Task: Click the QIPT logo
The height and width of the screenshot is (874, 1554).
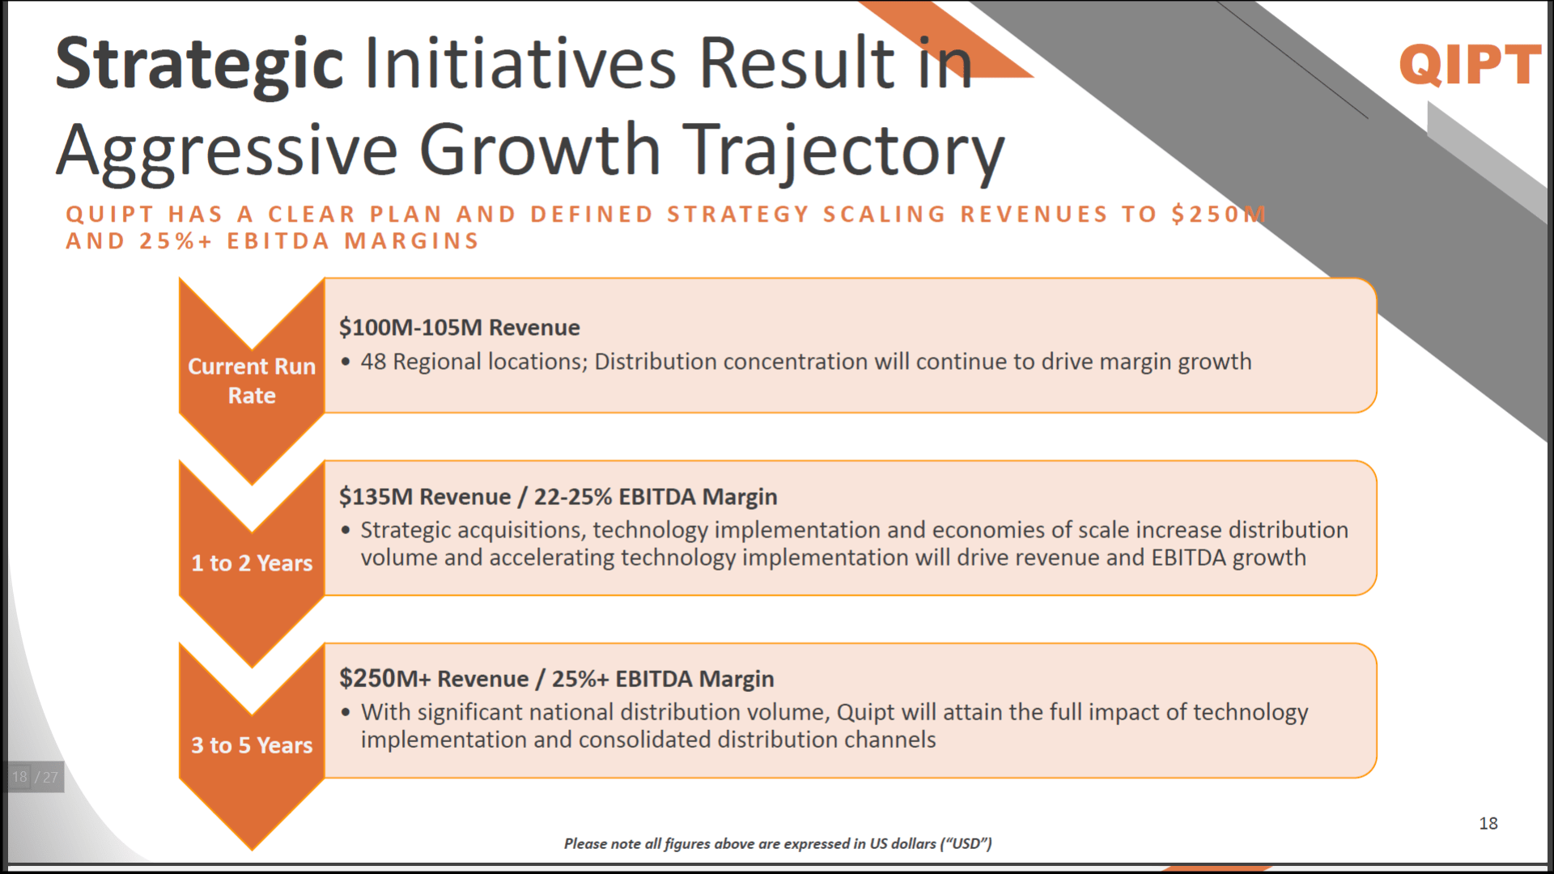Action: [x=1470, y=64]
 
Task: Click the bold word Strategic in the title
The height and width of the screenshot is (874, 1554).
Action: [x=200, y=64]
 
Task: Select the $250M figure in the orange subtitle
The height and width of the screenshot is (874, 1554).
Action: [x=1218, y=214]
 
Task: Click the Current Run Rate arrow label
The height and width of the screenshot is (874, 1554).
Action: [x=252, y=380]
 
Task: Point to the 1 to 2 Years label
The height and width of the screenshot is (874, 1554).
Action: [x=252, y=562]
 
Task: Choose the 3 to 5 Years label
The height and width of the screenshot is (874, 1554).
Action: [x=252, y=745]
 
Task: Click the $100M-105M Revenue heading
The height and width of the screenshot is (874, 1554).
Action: [x=459, y=327]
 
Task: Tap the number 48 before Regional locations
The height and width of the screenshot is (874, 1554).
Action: [x=373, y=361]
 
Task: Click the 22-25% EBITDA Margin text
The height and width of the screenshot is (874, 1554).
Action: [x=656, y=496]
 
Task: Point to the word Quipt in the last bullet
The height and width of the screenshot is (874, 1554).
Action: [x=865, y=712]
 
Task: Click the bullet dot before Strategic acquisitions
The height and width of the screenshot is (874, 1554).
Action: [x=346, y=530]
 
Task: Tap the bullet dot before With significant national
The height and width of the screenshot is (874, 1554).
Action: [x=346, y=712]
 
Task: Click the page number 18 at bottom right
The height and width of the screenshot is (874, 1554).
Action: [x=1488, y=823]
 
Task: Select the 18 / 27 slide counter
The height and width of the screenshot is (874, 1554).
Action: [x=35, y=777]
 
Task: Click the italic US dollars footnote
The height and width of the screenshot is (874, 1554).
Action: [x=778, y=843]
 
